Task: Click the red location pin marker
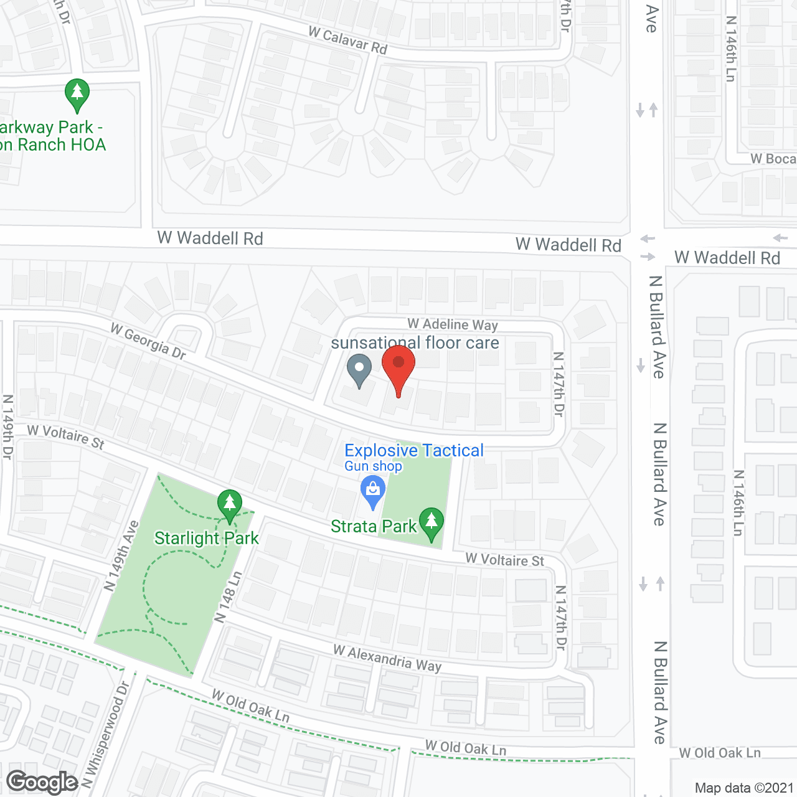point(398,367)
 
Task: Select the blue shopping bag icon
point(373,491)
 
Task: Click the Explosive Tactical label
point(413,450)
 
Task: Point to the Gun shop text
point(373,466)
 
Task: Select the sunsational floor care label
point(415,342)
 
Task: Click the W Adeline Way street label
point(453,324)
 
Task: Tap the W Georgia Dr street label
point(148,341)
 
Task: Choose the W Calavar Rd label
point(348,40)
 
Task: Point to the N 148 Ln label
point(228,597)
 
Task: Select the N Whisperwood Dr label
point(105,735)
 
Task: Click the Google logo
point(42,782)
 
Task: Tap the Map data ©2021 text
point(744,788)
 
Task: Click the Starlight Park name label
point(206,538)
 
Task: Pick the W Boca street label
point(773,159)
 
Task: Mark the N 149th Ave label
point(121,555)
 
